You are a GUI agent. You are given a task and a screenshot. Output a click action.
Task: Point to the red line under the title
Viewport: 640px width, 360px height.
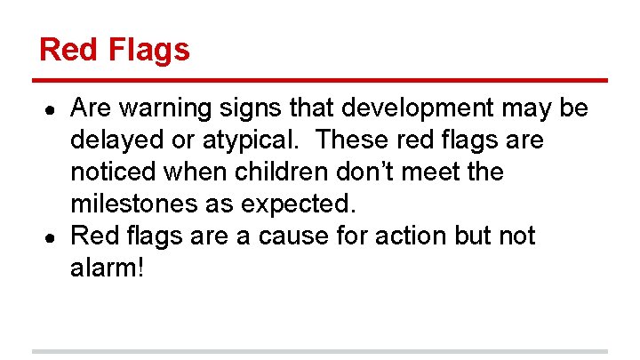(320, 81)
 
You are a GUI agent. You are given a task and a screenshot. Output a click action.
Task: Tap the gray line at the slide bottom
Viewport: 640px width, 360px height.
(320, 352)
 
